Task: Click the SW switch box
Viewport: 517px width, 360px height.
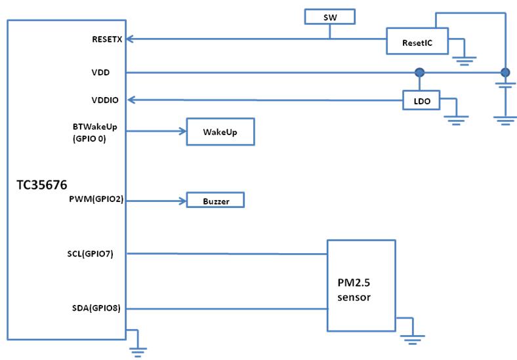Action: [x=330, y=16]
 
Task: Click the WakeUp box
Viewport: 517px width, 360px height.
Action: [x=220, y=132]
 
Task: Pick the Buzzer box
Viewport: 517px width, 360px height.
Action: [x=215, y=201]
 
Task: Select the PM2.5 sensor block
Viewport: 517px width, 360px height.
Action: [x=362, y=285]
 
